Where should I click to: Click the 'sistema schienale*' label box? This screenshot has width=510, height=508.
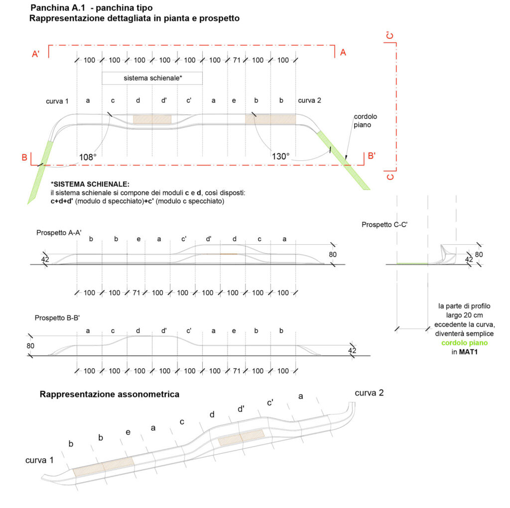point(152,78)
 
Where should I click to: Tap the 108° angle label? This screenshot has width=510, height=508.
point(88,157)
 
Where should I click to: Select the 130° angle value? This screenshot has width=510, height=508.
point(280,156)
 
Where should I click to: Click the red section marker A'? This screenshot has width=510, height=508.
point(36,54)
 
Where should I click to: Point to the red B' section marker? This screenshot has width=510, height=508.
point(372,156)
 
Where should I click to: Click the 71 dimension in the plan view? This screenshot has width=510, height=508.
point(237,60)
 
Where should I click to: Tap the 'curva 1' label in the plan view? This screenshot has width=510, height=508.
point(57,101)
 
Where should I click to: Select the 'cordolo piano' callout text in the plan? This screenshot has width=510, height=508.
point(365,120)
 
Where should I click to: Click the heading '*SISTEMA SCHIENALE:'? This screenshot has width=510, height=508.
point(90,184)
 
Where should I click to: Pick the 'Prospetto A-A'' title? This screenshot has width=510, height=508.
point(59,233)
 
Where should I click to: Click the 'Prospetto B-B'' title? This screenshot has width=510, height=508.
point(57,318)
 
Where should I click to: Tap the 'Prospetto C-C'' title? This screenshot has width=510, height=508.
point(384,224)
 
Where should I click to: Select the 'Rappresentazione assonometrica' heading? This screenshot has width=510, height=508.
point(109,394)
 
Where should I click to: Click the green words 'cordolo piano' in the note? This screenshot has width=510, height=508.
point(464,343)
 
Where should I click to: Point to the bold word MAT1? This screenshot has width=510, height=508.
point(468,352)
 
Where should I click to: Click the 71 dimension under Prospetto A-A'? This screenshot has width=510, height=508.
point(136,293)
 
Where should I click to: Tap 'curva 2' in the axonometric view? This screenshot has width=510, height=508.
point(369,393)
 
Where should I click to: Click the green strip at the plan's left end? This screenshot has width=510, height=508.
point(40,172)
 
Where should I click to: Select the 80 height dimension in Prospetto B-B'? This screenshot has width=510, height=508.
point(30,346)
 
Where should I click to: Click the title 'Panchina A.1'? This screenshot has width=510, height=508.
point(58,8)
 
